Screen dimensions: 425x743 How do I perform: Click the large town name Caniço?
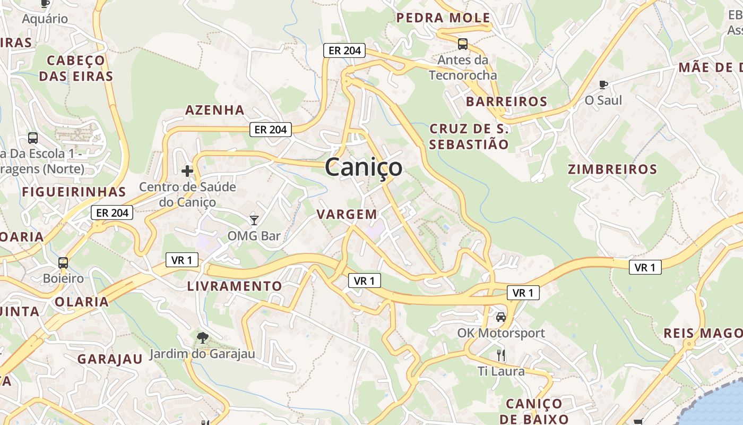point(364,167)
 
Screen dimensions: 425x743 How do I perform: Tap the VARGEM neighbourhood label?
point(347,215)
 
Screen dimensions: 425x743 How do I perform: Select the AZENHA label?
point(214,110)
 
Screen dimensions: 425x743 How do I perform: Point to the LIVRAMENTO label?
point(235,286)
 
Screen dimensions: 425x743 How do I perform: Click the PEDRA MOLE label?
point(443,18)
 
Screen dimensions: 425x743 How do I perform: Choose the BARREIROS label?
point(506,101)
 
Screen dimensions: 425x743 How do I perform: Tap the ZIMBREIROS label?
point(612,169)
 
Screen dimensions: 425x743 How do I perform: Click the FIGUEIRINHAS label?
point(74,192)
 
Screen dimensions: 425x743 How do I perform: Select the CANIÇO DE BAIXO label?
point(534,411)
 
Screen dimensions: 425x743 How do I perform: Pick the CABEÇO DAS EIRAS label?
point(76,68)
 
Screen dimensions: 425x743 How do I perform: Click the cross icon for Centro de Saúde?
point(187,171)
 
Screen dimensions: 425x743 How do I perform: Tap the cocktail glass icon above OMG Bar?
point(254,220)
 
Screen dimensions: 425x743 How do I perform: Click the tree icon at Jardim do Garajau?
point(202,337)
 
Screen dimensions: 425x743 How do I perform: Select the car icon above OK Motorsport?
point(500,317)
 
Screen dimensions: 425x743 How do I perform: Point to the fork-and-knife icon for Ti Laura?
point(500,355)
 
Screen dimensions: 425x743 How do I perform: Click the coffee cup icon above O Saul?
point(603,84)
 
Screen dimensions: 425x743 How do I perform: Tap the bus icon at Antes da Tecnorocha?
point(463,44)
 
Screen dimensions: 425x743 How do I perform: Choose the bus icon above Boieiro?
point(63,262)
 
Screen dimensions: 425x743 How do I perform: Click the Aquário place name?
point(45,19)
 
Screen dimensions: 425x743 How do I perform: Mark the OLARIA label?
point(82,302)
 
